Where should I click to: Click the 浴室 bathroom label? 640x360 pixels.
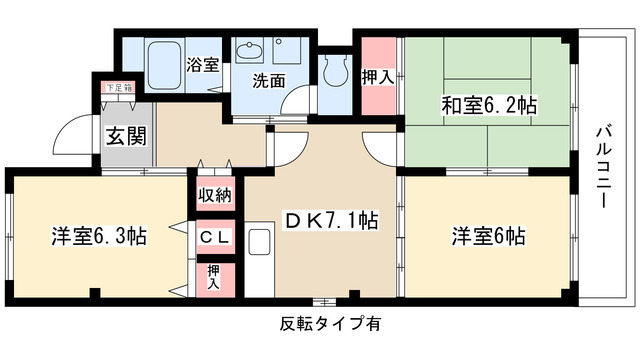click(203, 66)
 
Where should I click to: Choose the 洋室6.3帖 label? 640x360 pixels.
click(99, 237)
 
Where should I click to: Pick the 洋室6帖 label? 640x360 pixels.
click(487, 237)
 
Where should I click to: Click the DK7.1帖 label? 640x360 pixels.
click(331, 221)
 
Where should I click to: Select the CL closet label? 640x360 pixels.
click(214, 237)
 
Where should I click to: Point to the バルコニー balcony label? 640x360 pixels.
click(603, 166)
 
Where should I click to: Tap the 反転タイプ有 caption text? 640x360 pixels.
click(330, 323)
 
